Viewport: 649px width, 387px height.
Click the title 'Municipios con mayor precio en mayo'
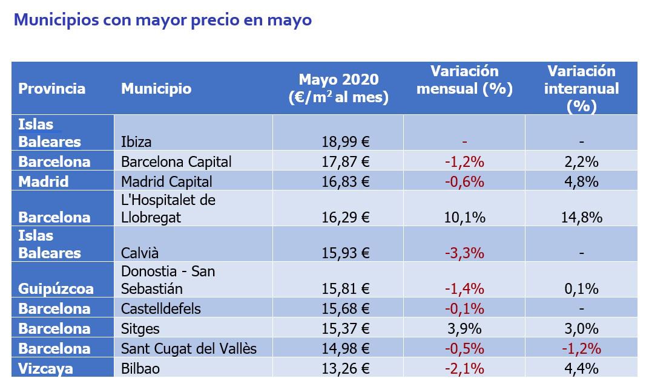(162, 20)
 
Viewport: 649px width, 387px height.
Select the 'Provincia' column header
(51, 89)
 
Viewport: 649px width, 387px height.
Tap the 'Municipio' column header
(156, 89)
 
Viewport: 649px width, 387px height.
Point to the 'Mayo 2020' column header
(338, 88)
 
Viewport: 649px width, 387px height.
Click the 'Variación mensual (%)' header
(465, 80)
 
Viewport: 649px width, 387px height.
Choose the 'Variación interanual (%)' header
(581, 89)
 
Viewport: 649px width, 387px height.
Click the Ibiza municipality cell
(136, 142)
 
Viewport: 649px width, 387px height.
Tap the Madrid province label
(44, 181)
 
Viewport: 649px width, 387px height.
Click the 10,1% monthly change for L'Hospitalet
(465, 217)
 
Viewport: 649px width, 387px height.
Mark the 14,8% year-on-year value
(581, 217)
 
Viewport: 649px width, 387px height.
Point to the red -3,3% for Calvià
(464, 253)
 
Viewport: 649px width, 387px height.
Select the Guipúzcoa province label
(56, 289)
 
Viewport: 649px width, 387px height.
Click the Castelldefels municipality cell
(161, 308)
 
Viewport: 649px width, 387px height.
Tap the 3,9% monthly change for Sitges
(465, 328)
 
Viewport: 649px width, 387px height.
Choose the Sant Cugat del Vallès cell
(189, 348)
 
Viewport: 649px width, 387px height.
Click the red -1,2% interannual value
(581, 348)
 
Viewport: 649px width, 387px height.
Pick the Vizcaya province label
(46, 368)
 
